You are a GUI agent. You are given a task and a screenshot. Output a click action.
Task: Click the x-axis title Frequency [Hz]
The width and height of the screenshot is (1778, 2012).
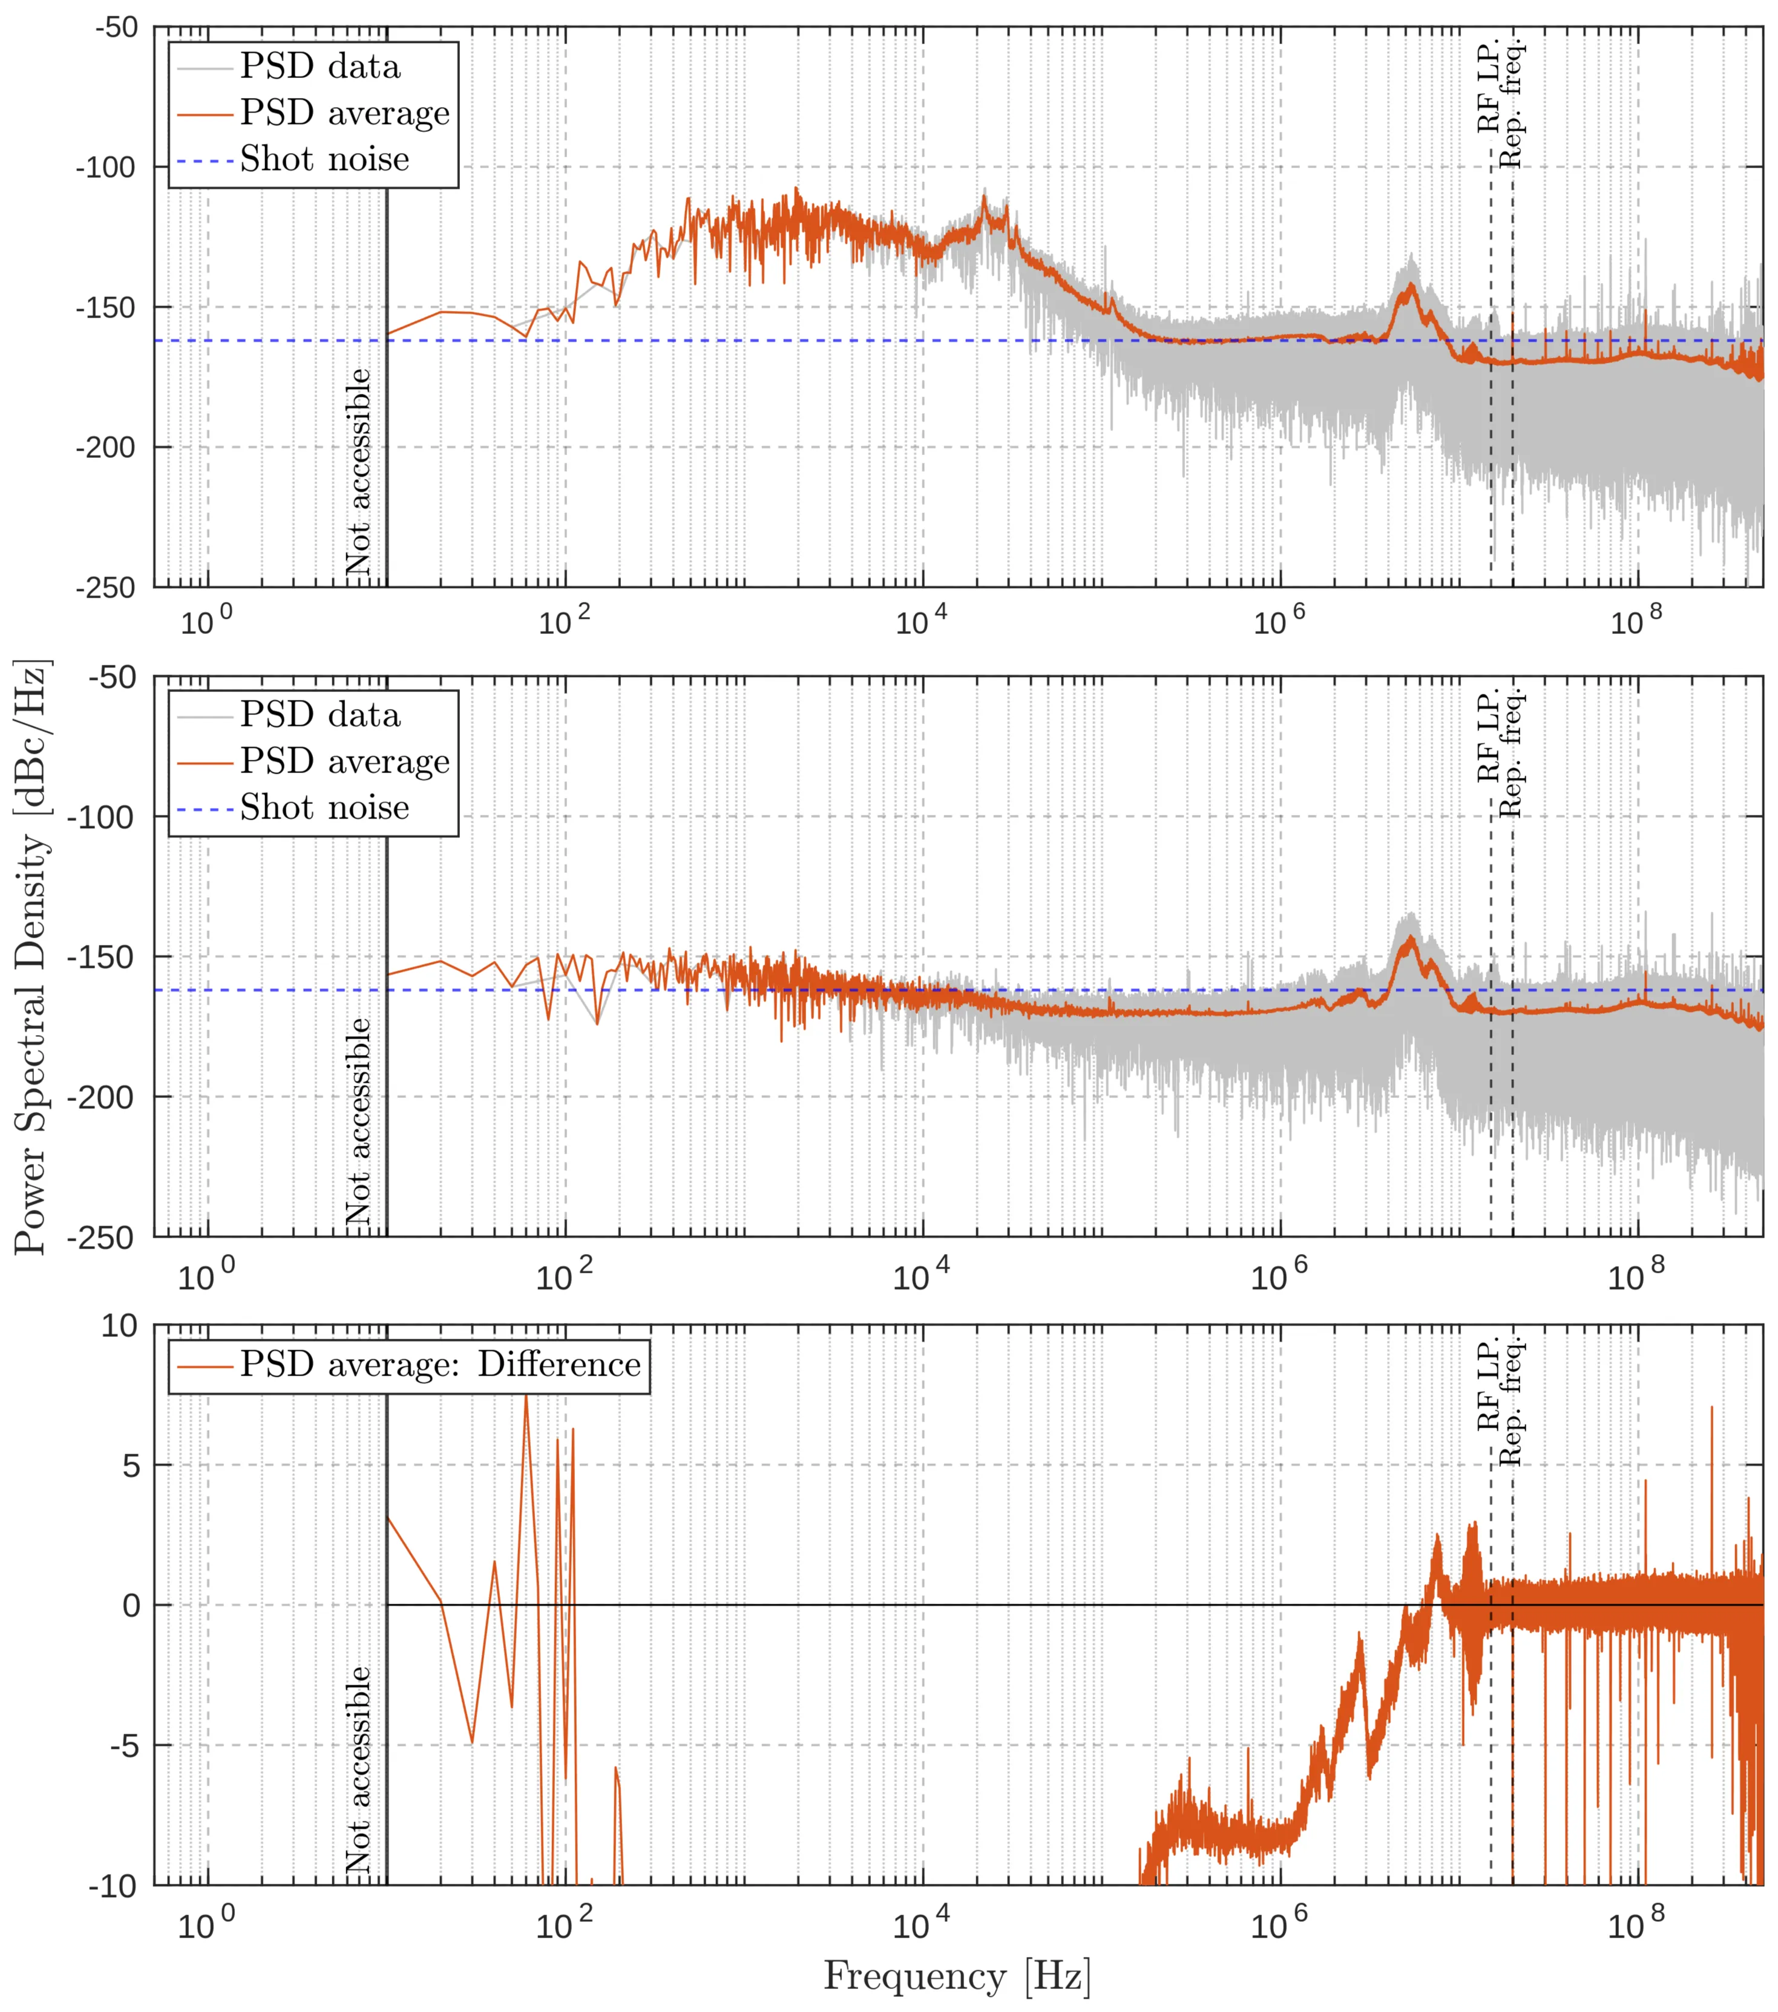[956, 1976]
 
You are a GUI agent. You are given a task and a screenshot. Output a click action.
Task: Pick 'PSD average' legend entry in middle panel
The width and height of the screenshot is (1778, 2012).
[344, 761]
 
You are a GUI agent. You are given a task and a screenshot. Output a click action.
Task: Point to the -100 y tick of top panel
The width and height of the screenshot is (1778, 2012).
[105, 168]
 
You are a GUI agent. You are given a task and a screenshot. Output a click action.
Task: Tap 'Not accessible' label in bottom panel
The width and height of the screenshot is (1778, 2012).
[358, 1769]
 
